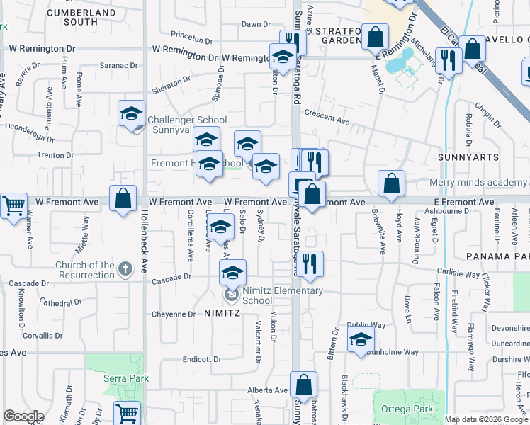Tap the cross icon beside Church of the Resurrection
click(125, 268)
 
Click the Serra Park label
click(125, 379)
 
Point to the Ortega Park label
click(397, 409)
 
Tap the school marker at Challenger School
click(131, 114)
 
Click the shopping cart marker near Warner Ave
click(13, 206)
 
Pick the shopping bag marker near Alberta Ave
click(303, 385)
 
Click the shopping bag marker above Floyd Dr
click(391, 183)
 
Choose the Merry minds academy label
click(478, 183)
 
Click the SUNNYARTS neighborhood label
click(468, 157)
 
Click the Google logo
click(23, 416)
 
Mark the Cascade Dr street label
click(172, 281)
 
